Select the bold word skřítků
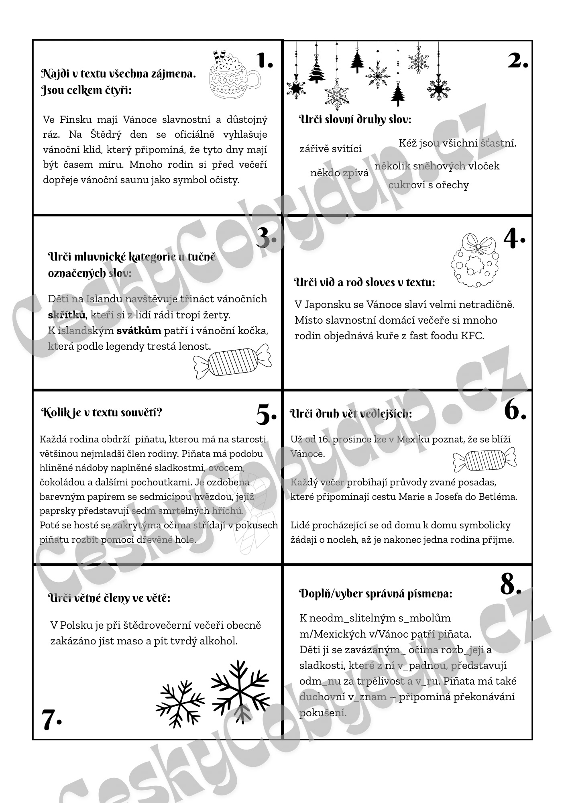click(67, 315)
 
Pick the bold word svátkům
click(139, 331)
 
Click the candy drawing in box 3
click(232, 361)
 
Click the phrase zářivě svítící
click(330, 149)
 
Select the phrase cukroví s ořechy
click(428, 185)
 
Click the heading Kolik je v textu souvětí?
click(102, 413)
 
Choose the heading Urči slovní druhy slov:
click(355, 119)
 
